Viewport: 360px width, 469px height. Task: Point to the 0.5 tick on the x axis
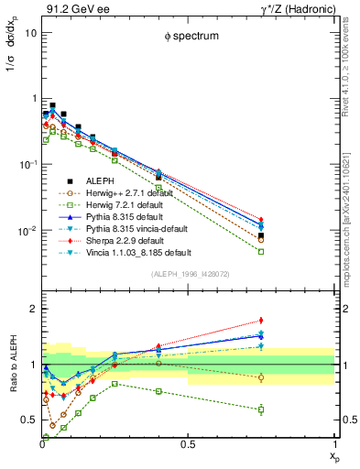pyautogui.click(x=188, y=444)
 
